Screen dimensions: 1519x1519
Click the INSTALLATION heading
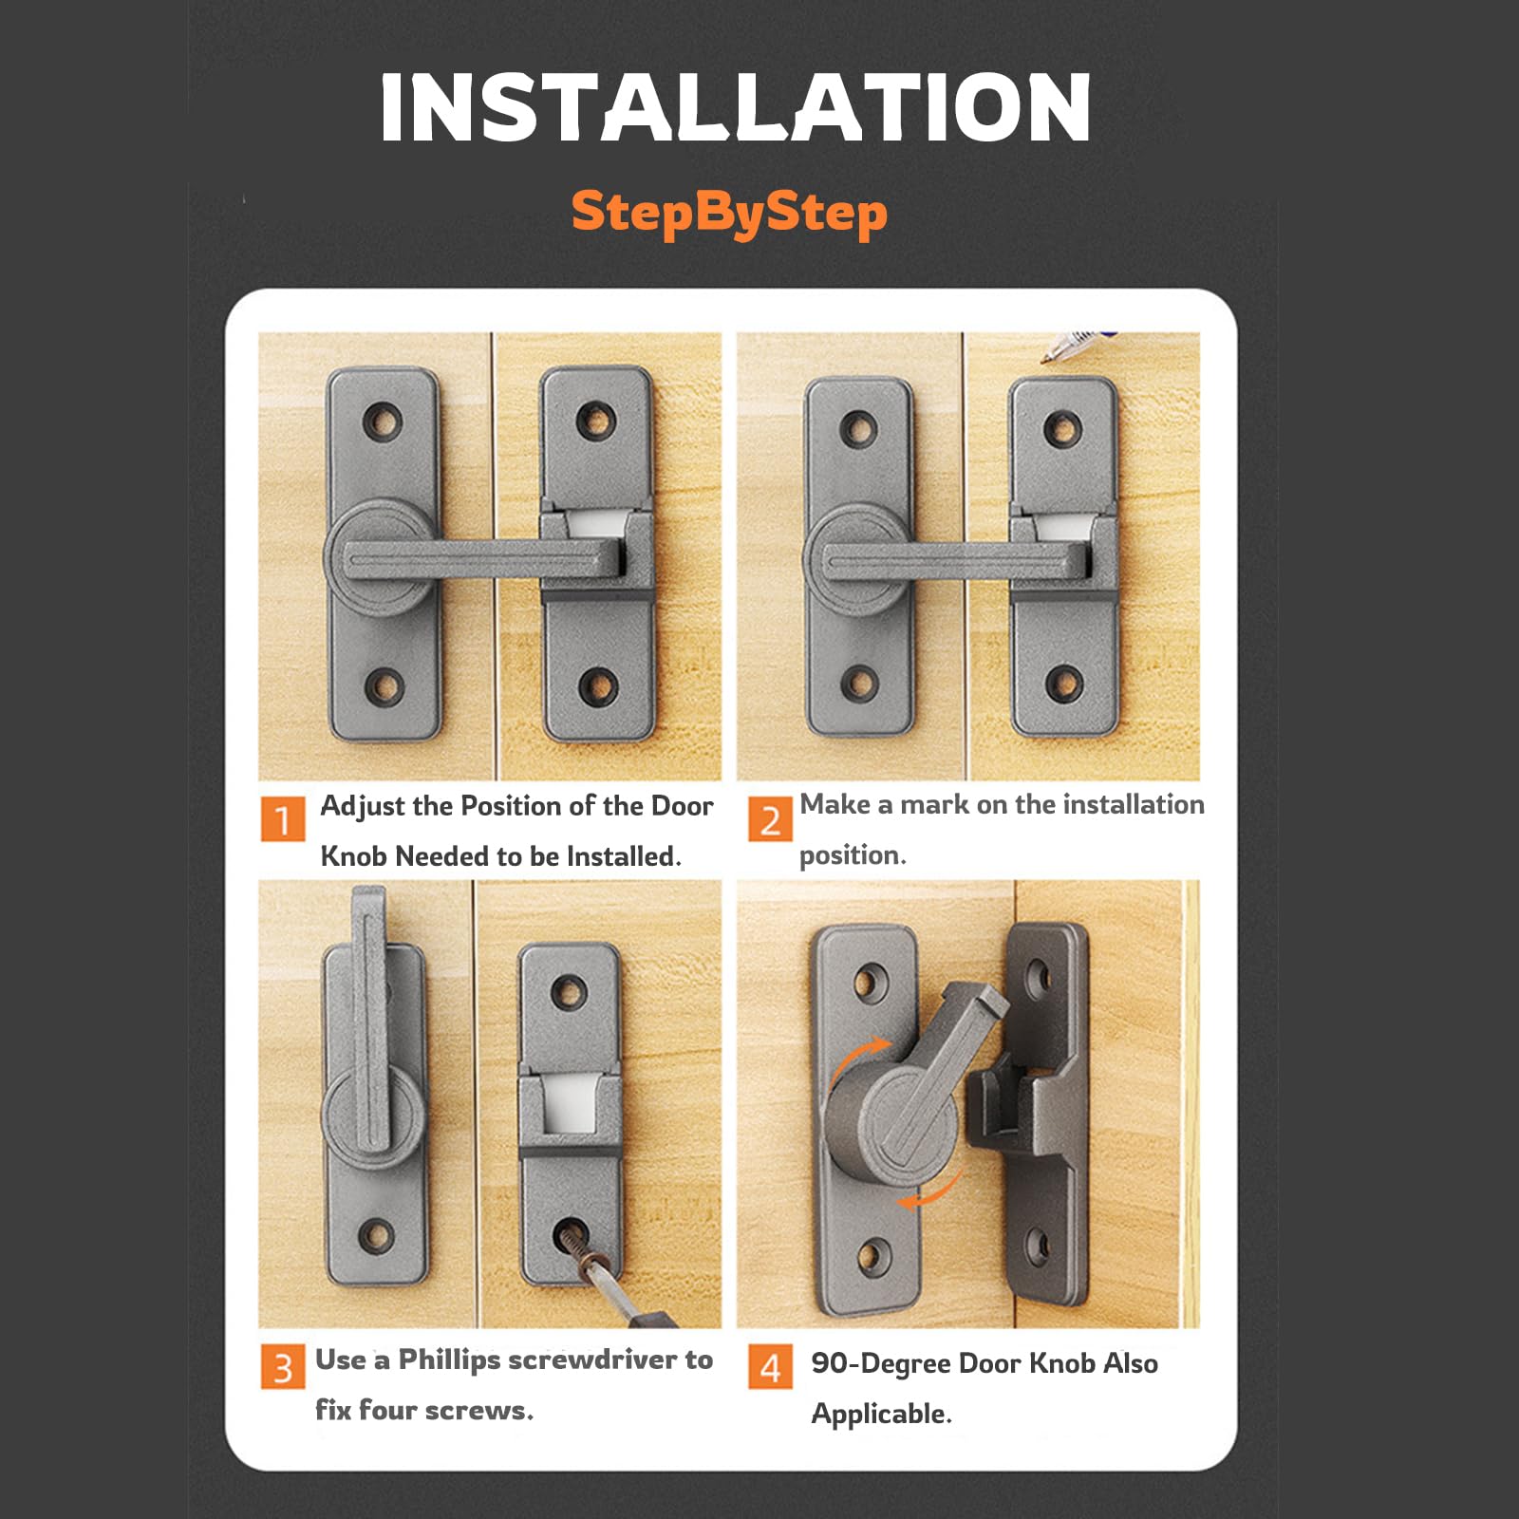click(736, 108)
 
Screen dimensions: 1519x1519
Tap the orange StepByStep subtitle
click(729, 213)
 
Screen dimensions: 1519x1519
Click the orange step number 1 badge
click(282, 818)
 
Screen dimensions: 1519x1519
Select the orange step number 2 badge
click(770, 818)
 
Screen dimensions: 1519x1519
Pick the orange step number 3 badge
click(282, 1367)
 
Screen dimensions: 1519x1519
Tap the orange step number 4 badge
click(770, 1367)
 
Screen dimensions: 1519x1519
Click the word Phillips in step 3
click(449, 1360)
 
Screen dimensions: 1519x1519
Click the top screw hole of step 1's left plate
click(383, 420)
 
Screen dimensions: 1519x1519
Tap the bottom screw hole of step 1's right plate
click(598, 684)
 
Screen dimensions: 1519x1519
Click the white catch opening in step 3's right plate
click(568, 1104)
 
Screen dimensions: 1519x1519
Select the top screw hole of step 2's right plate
click(1062, 429)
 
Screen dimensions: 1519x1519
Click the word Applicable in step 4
click(880, 1415)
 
